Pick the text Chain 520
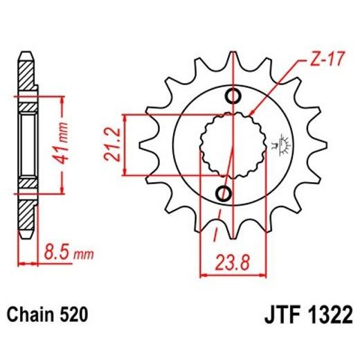[x=48, y=316]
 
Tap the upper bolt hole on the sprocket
[x=231, y=95]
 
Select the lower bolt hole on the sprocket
[x=224, y=192]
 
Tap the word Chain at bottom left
[x=30, y=316]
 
